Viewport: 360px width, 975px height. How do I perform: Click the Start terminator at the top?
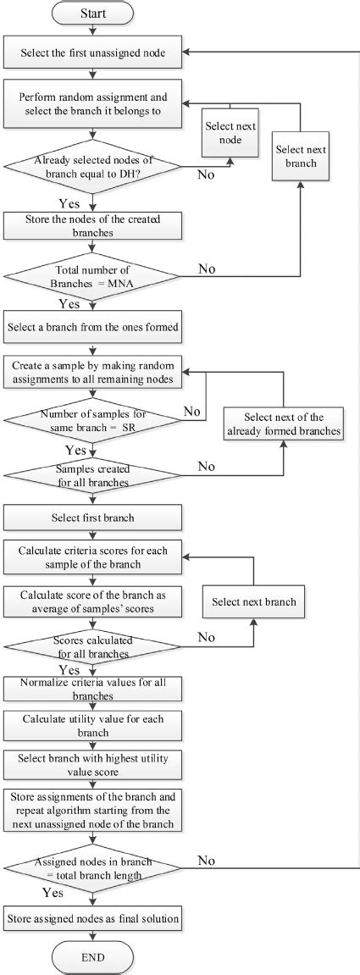click(x=93, y=14)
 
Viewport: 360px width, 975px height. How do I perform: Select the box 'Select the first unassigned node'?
click(x=93, y=53)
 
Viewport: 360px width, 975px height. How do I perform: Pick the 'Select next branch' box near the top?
click(x=301, y=156)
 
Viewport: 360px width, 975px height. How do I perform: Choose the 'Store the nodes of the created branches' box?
click(x=93, y=224)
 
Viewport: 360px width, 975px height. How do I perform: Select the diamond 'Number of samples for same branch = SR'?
click(x=93, y=418)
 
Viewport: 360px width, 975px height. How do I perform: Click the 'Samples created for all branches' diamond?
click(x=93, y=474)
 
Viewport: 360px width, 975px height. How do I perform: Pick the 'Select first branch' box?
click(x=93, y=518)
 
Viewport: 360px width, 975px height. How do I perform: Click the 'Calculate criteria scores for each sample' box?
click(x=93, y=557)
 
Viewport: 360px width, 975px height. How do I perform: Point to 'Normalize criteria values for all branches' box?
click(x=93, y=689)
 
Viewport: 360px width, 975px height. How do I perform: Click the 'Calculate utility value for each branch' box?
click(x=93, y=724)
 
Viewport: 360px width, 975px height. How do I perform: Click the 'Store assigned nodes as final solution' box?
click(x=93, y=918)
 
